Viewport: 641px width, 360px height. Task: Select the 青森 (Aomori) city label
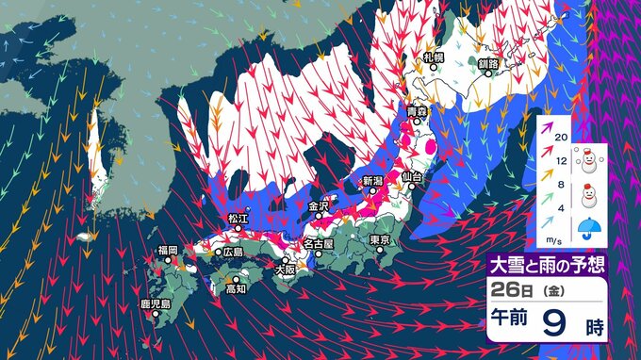pyautogui.click(x=417, y=112)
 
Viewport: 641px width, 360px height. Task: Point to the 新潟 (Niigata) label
pyautogui.click(x=373, y=179)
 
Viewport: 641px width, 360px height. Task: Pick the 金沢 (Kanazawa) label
pyautogui.click(x=320, y=205)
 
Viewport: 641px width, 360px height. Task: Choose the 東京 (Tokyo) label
pyautogui.click(x=381, y=240)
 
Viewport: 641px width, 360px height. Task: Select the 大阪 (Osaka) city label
pyautogui.click(x=284, y=269)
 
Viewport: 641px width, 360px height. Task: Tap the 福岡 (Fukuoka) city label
pyautogui.click(x=168, y=250)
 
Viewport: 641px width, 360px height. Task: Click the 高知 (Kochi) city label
pyautogui.click(x=238, y=288)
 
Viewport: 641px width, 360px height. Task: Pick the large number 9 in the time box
pyautogui.click(x=553, y=324)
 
